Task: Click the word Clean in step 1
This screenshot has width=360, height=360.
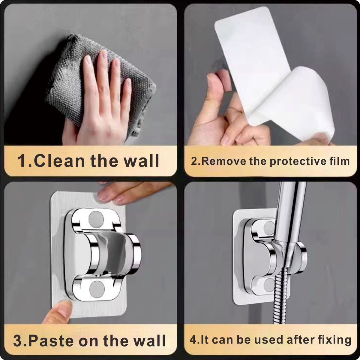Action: (x=59, y=161)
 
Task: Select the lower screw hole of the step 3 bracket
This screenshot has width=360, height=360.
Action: (x=97, y=288)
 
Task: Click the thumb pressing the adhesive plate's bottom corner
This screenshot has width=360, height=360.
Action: (x=60, y=310)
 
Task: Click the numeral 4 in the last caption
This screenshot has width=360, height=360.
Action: (x=193, y=340)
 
